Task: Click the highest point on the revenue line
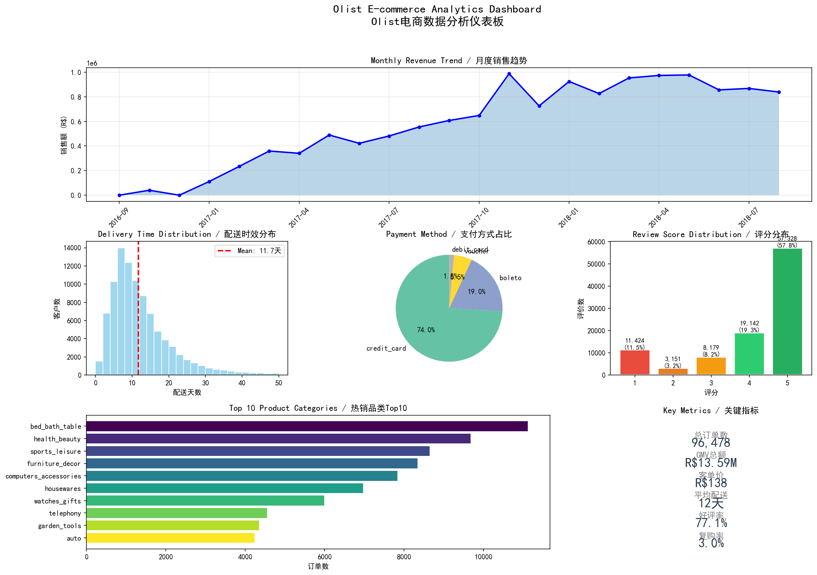pyautogui.click(x=509, y=74)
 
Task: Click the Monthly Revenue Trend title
pyautogui.click(x=449, y=60)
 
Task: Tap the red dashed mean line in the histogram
pyautogui.click(x=138, y=320)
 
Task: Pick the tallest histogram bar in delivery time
pyautogui.click(x=121, y=312)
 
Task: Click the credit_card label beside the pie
pyautogui.click(x=386, y=348)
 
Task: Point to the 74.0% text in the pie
pyautogui.click(x=426, y=330)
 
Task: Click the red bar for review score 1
pyautogui.click(x=635, y=362)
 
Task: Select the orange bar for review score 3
pyautogui.click(x=711, y=366)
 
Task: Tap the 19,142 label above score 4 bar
pyautogui.click(x=749, y=324)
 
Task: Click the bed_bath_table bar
pyautogui.click(x=307, y=426)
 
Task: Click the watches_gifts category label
pyautogui.click(x=58, y=501)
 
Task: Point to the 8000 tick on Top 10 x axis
pyautogui.click(x=404, y=557)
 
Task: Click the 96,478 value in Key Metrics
pyautogui.click(x=711, y=443)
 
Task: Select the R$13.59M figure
pyautogui.click(x=711, y=463)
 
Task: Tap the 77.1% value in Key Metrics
pyautogui.click(x=711, y=523)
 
